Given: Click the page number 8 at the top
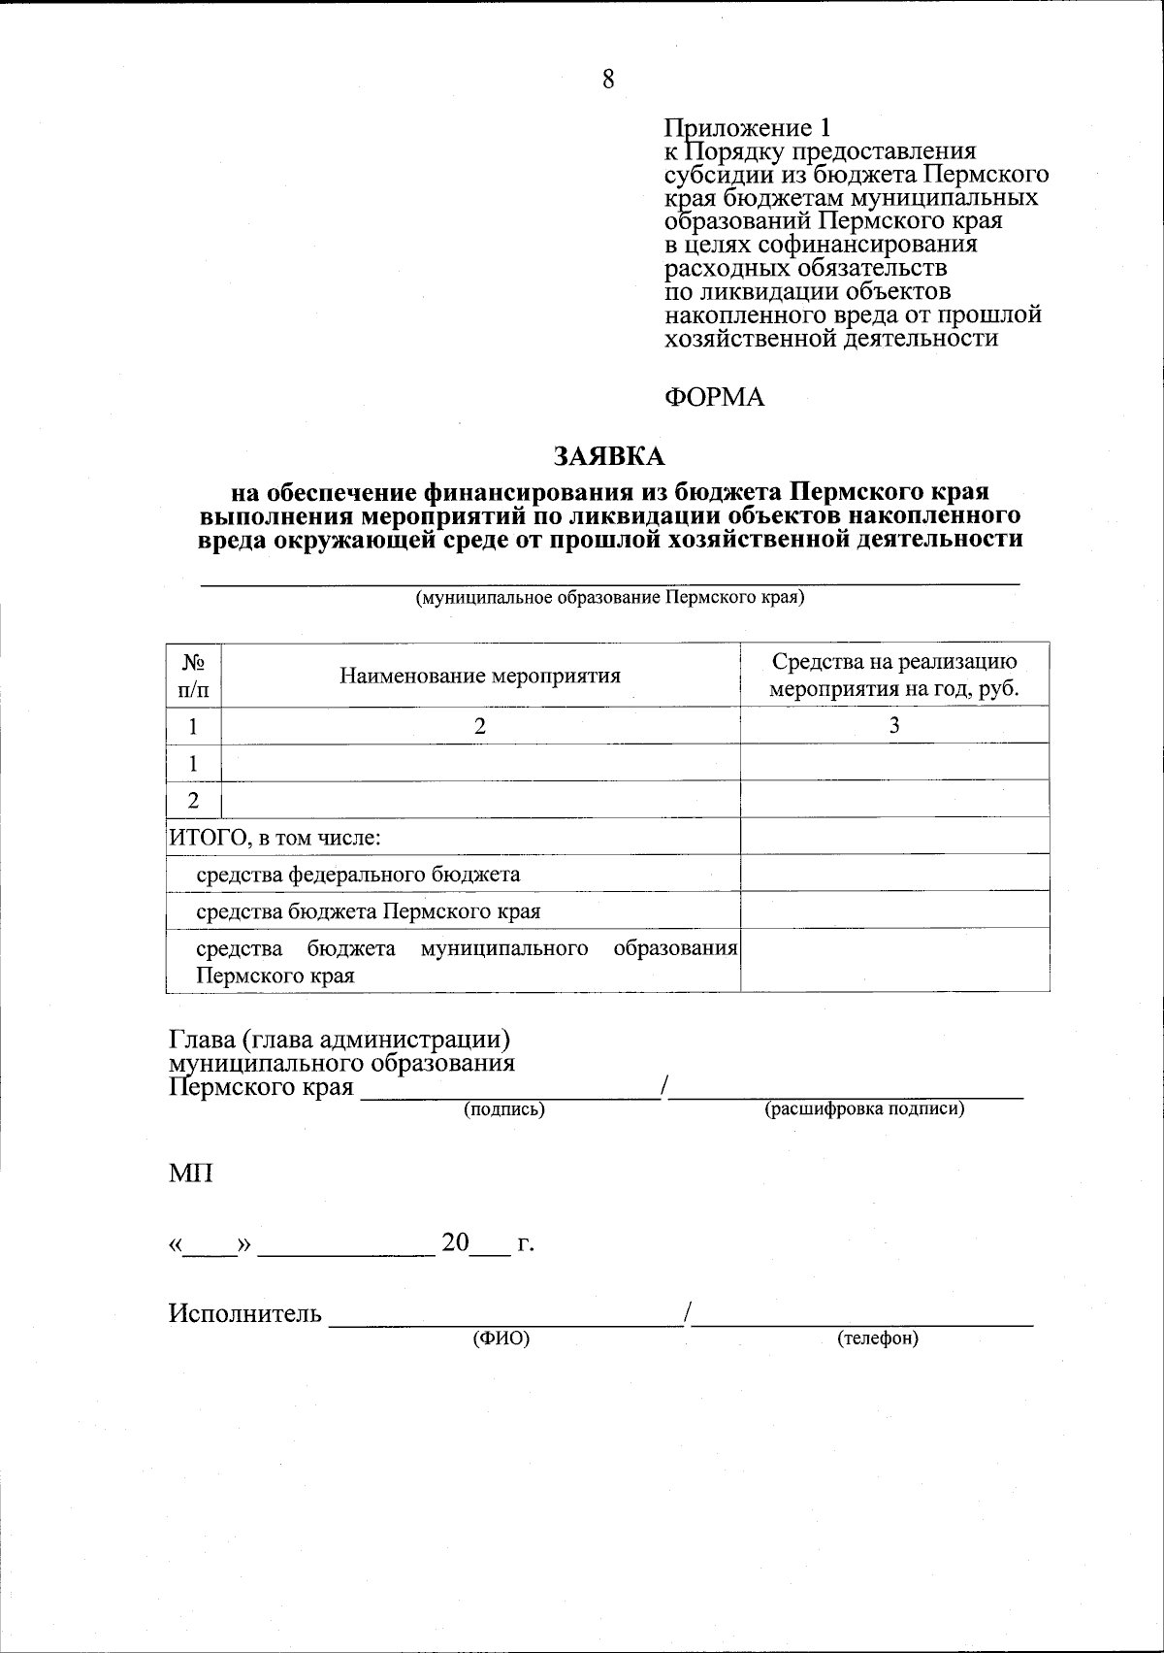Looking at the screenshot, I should point(608,80).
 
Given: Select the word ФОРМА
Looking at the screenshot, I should point(714,397).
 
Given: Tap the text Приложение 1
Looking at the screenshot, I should point(747,128).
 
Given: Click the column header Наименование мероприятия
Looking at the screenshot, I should point(479,676).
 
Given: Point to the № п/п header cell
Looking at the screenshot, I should point(193,676).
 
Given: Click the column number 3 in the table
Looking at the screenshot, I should point(894,726).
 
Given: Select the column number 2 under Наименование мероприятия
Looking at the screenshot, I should point(479,726).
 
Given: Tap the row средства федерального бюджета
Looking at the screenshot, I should point(358,874).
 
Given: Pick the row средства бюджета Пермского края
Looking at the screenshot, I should point(368,911).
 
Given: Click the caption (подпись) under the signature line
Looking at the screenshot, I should point(504,1108).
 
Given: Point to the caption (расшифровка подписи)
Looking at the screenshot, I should point(864,1108).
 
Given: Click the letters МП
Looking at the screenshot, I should point(191,1173).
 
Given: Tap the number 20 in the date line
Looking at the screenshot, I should point(455,1242).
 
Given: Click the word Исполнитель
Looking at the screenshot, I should point(244,1314).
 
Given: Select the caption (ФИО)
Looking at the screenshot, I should point(501,1339).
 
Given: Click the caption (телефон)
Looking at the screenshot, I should point(877,1339).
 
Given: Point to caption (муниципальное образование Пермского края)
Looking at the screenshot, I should point(610,597).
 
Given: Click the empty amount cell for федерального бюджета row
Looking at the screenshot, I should point(894,874).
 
